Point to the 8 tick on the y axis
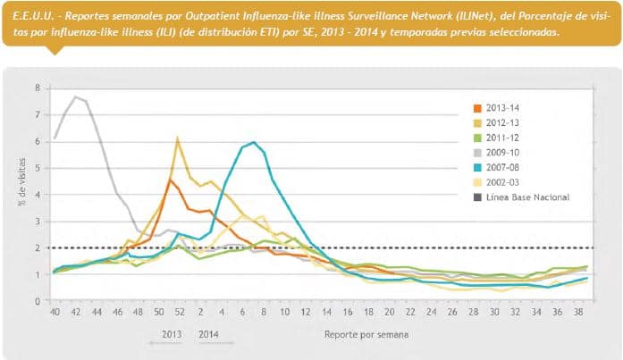(37, 88)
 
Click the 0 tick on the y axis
(37, 301)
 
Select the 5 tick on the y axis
(37, 168)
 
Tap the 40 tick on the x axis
(55, 312)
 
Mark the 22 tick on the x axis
(409, 312)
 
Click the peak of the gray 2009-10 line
(75, 96)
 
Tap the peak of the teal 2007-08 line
(255, 142)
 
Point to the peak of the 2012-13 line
(178, 138)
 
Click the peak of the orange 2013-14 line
(170, 180)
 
